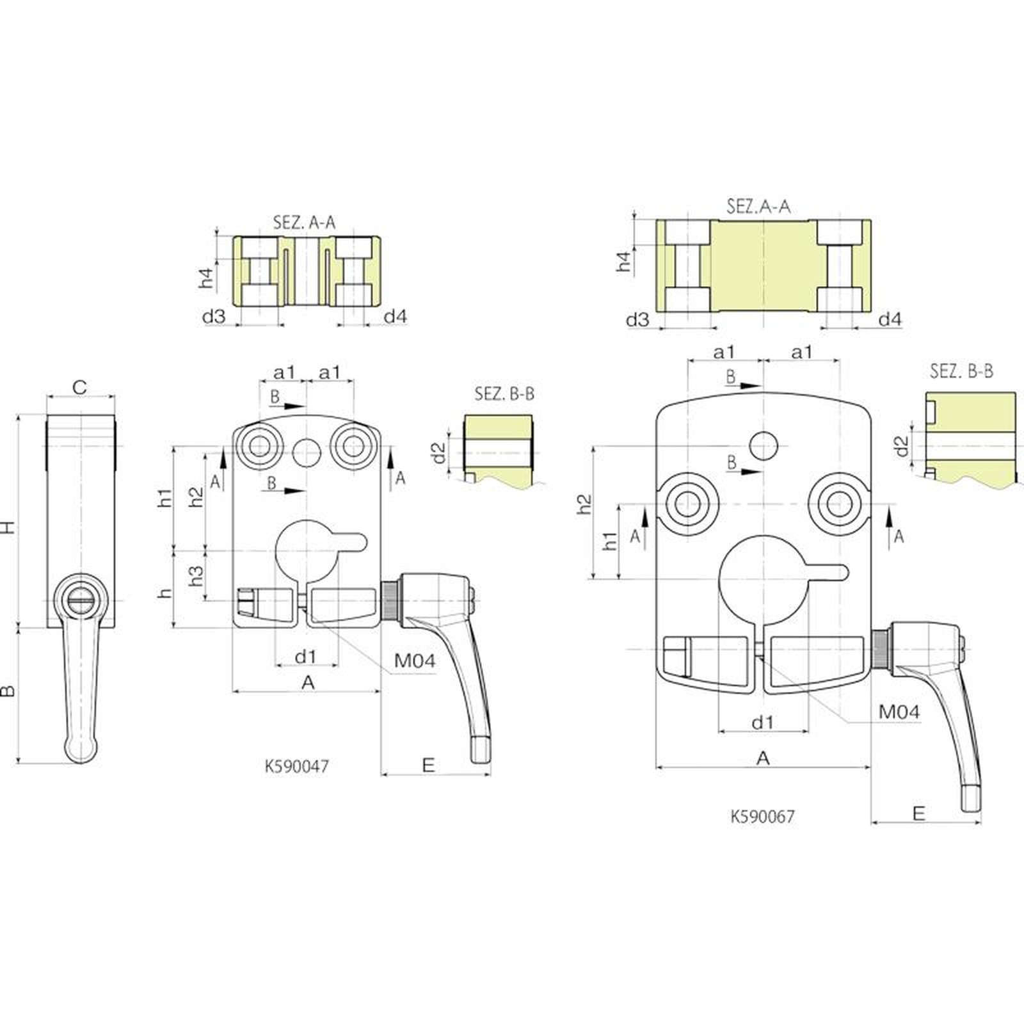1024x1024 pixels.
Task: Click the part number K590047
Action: tap(297, 766)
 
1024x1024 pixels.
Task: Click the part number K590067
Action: tap(763, 816)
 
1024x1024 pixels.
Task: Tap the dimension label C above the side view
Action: tap(79, 387)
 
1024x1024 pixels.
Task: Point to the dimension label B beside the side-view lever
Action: tap(7, 691)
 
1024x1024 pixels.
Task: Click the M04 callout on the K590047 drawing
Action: tap(415, 660)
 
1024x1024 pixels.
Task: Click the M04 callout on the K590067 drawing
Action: tap(899, 712)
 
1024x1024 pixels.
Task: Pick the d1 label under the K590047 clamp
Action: tap(306, 656)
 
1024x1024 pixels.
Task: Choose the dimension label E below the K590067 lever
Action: tap(918, 813)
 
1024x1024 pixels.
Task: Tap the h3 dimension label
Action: tap(196, 575)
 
